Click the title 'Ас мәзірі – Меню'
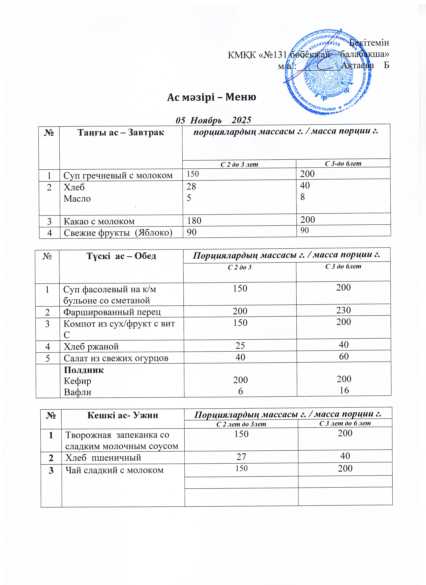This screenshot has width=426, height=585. pos(211,97)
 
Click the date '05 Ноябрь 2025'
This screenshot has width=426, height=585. pos(213,120)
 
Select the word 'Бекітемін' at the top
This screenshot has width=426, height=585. pos(369,43)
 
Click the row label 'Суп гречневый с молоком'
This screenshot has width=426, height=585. pos(118,175)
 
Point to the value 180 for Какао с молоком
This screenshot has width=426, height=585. pos(194,221)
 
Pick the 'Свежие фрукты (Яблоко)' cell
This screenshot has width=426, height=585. pos(118,233)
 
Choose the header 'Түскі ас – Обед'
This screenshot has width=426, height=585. pos(121,256)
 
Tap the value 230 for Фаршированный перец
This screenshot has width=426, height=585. pos(343,310)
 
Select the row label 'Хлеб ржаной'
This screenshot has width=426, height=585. pos(91,346)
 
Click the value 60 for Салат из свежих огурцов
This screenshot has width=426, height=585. pos(344,357)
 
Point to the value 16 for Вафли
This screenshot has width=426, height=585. pos(344,390)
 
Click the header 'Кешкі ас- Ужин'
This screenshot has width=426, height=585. pos(123,415)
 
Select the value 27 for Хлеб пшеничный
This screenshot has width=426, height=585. pos(241,457)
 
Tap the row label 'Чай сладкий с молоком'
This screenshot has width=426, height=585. pos(114,470)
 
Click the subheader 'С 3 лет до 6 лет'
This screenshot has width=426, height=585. pos(345,423)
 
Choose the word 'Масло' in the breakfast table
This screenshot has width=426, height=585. pos(77,199)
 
